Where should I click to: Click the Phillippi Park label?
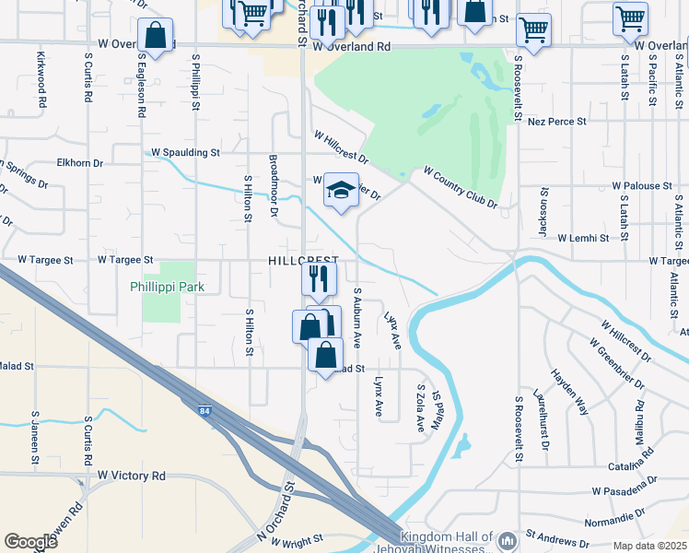point(167,287)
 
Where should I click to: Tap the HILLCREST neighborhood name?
point(303,262)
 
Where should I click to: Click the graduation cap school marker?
point(341,191)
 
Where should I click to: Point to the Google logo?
point(30,542)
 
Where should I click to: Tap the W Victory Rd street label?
point(132,476)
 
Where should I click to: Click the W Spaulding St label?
point(186,151)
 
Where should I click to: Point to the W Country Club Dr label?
point(460,187)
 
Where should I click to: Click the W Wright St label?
point(291,537)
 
